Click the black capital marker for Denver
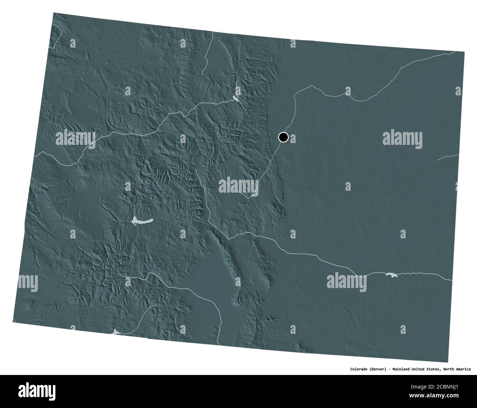click(x=283, y=137)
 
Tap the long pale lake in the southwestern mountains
click(x=141, y=221)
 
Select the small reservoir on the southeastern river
click(x=390, y=274)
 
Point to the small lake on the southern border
click(x=116, y=332)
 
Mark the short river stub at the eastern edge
click(x=448, y=157)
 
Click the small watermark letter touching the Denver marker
click(x=292, y=138)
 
